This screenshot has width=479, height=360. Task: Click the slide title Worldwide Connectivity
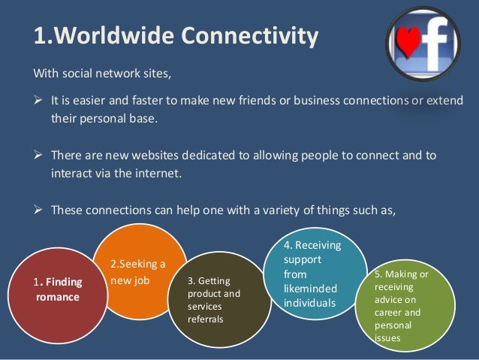(x=176, y=35)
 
